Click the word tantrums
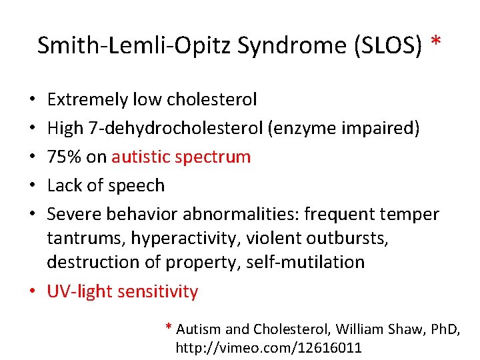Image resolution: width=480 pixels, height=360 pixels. click(x=85, y=238)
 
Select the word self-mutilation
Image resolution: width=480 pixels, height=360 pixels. click(x=305, y=262)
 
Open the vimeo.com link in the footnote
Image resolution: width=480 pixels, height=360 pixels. click(x=268, y=347)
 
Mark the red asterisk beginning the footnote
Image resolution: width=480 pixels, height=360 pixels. click(x=169, y=327)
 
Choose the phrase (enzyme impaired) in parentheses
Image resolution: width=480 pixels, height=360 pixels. click(x=344, y=129)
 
